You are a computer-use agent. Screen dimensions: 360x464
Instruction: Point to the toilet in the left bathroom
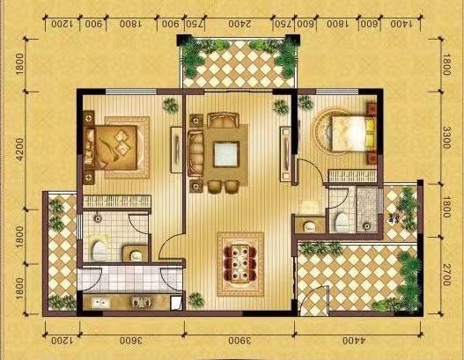(98, 250)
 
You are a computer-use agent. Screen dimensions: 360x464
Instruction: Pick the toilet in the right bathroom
(340, 220)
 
